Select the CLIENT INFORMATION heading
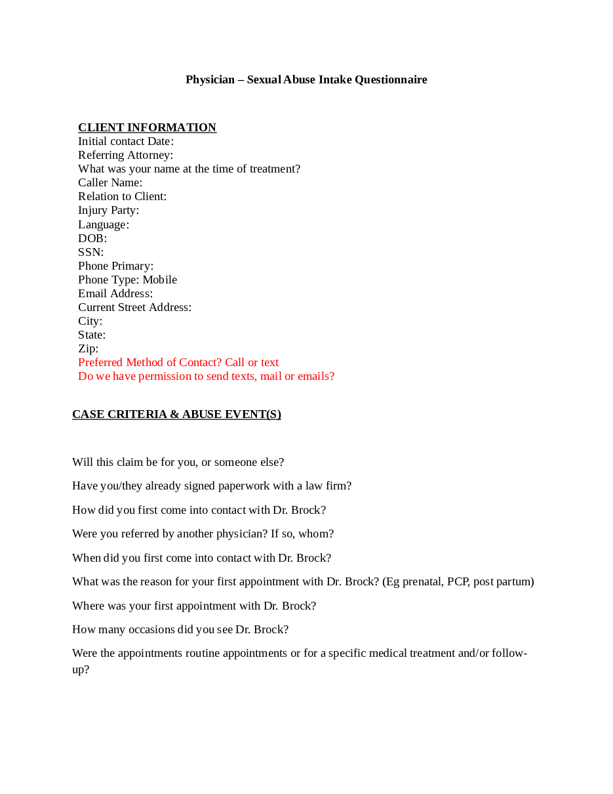click(147, 127)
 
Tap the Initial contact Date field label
click(125, 141)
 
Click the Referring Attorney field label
click(125, 155)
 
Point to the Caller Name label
click(109, 182)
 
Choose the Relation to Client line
click(122, 196)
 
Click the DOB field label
click(92, 238)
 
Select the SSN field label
click(90, 252)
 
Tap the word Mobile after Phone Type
click(159, 280)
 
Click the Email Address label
click(115, 293)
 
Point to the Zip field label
click(88, 348)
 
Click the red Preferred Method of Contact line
click(178, 362)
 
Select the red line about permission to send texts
click(206, 376)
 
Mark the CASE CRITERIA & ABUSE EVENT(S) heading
click(176, 414)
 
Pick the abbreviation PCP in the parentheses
click(457, 581)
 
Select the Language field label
click(103, 224)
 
